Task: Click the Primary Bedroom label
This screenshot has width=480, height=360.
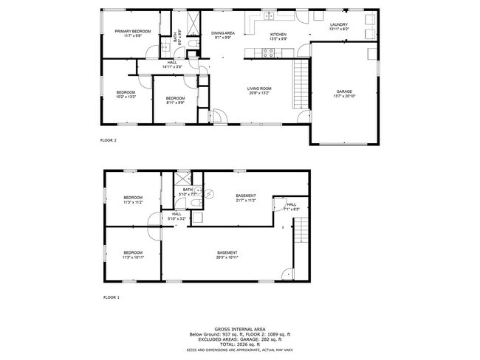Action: pyautogui.click(x=133, y=31)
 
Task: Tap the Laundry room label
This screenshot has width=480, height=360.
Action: pyautogui.click(x=338, y=25)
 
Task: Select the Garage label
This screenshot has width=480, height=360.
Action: pyautogui.click(x=345, y=92)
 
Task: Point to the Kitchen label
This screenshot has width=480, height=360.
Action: pyautogui.click(x=278, y=35)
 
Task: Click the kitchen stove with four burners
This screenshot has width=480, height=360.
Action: pyautogui.click(x=270, y=52)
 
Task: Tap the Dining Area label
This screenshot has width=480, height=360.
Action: pyautogui.click(x=223, y=33)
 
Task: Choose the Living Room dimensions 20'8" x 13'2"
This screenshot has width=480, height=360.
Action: pyautogui.click(x=258, y=94)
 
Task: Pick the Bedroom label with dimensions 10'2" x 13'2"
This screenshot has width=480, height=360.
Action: pyautogui.click(x=126, y=92)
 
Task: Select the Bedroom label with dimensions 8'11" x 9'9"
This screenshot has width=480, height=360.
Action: pyautogui.click(x=175, y=99)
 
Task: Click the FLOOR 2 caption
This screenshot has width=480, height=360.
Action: pyautogui.click(x=109, y=139)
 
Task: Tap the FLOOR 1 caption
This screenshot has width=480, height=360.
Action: pyautogui.click(x=112, y=297)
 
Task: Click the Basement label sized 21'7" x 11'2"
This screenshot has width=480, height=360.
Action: pyautogui.click(x=246, y=196)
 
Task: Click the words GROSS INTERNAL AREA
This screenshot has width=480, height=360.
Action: pyautogui.click(x=240, y=329)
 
